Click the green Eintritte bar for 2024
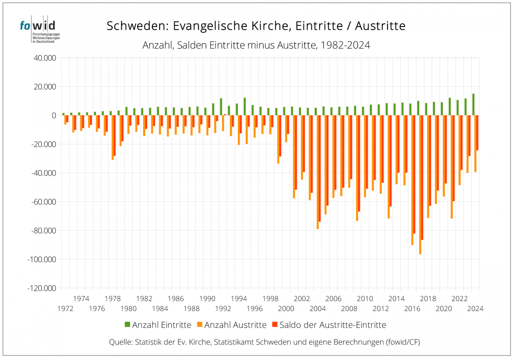473,104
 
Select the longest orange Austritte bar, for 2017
420,185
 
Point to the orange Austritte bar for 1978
113,137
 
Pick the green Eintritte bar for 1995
245,107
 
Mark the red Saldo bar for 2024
477,133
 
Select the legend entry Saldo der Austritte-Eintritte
329,325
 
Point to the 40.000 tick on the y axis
45,58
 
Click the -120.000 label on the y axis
42,288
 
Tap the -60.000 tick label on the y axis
43,202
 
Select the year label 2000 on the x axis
286,308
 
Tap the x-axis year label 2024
476,308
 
